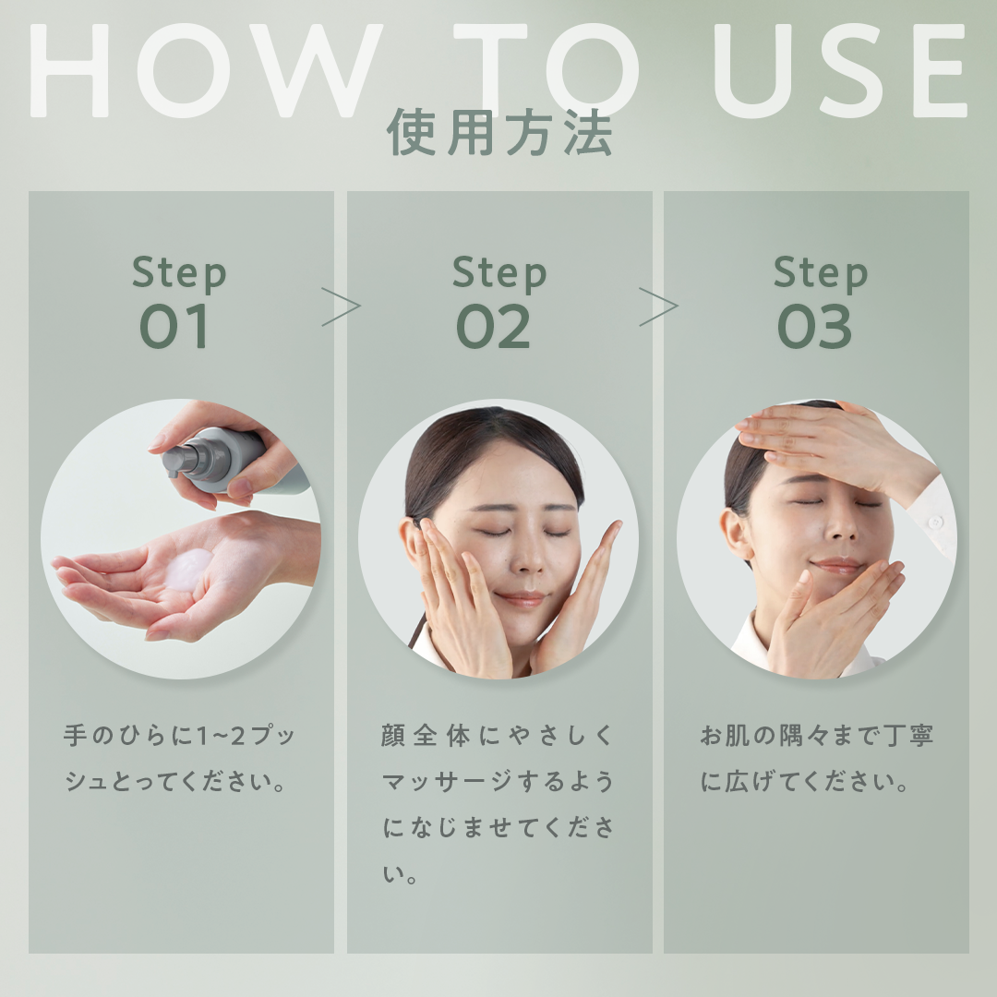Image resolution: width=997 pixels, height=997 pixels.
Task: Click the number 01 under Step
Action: point(174,327)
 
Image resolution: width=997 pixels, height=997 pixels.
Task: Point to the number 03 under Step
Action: point(814,327)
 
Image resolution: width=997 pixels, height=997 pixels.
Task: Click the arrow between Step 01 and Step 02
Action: point(341,306)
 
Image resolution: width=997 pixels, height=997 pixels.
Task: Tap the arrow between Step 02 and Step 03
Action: point(658,306)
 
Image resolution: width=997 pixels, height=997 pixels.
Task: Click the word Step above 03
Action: point(820,273)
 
